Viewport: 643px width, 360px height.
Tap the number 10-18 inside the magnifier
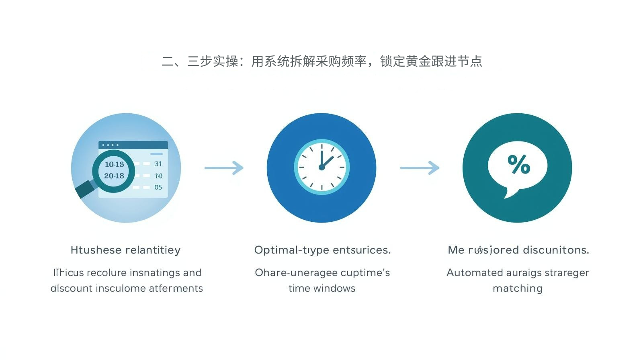114,164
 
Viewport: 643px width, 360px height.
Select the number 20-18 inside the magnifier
114,176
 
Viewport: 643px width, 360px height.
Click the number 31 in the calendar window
158,164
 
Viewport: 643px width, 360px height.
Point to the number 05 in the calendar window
158,187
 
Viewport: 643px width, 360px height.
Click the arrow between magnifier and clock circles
224,168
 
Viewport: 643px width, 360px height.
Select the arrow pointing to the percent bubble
420,168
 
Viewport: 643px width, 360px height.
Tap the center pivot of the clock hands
321,167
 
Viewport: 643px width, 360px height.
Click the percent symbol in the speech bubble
519,164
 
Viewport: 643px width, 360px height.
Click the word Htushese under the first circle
95,250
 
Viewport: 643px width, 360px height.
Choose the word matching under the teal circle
518,288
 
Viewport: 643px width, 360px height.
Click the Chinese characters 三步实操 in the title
213,61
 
